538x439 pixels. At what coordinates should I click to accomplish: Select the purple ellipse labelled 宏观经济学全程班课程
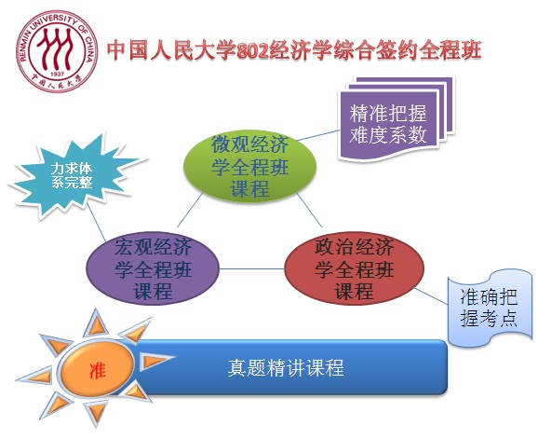[152, 268]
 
